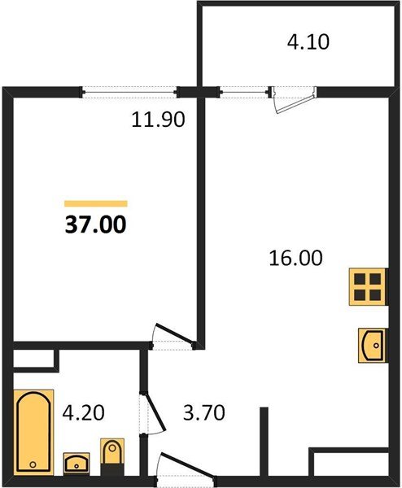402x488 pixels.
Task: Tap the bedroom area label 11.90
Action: click(159, 120)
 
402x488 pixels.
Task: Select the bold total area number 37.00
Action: click(95, 223)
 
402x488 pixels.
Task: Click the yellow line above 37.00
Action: click(95, 203)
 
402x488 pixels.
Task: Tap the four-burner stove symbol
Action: click(367, 286)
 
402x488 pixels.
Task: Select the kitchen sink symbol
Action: click(372, 344)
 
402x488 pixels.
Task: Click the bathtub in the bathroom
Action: click(32, 430)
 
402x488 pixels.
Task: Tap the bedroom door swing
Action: click(173, 335)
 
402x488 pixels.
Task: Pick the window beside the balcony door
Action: click(244, 91)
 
